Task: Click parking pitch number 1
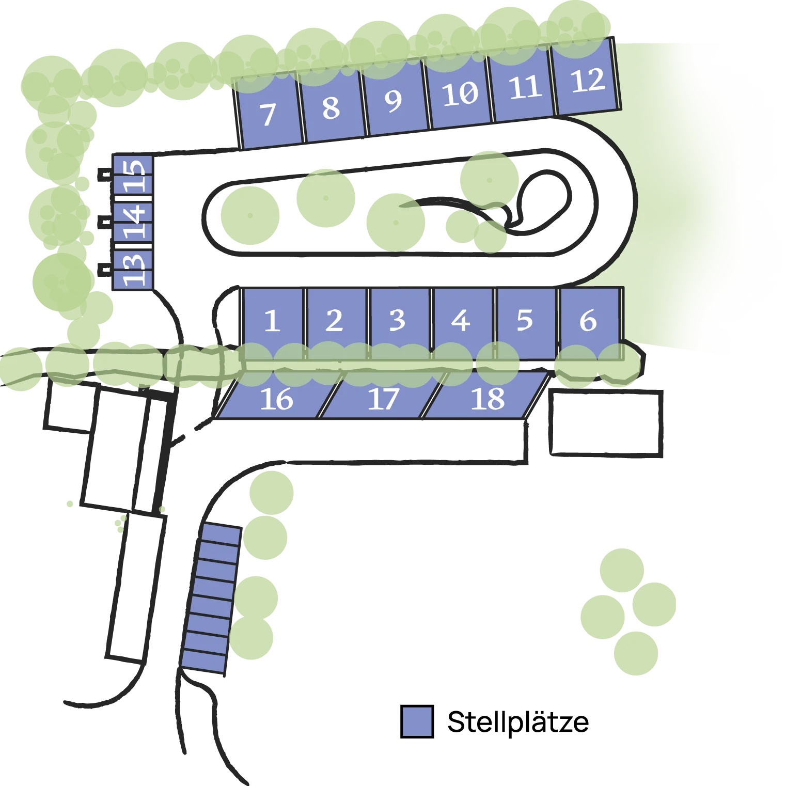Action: coord(273,323)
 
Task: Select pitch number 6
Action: coord(590,323)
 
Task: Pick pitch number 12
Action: coord(586,77)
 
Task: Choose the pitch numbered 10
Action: coord(458,93)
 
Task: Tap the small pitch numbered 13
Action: coord(133,269)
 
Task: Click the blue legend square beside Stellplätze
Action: coord(417,721)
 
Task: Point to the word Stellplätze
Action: coord(518,722)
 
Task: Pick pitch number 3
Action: coord(399,323)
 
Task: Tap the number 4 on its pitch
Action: coord(461,321)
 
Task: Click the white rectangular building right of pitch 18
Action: coord(606,423)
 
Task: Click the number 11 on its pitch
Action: coord(525,87)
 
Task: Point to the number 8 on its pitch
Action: coord(331,108)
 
